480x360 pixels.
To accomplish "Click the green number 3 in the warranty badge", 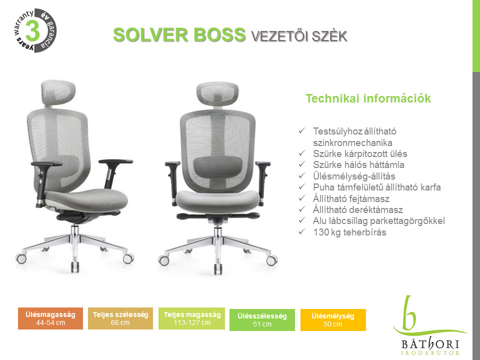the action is click(x=33, y=30).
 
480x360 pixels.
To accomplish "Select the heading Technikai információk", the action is click(x=368, y=98).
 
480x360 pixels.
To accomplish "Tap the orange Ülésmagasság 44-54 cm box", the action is click(x=50, y=318).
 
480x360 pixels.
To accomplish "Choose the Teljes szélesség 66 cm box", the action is click(x=120, y=318).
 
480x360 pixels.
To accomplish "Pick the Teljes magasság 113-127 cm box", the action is click(x=191, y=318).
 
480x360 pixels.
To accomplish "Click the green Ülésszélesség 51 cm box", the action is click(x=262, y=320).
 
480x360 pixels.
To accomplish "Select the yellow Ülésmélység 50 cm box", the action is click(x=333, y=320).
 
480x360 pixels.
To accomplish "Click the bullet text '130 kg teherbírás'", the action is click(x=349, y=232).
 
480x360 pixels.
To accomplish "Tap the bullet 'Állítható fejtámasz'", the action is click(x=351, y=198).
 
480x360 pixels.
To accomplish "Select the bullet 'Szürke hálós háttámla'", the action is click(x=358, y=164).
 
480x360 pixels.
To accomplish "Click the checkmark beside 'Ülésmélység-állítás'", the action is click(x=302, y=175).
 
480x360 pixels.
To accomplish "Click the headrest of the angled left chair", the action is click(x=58, y=91).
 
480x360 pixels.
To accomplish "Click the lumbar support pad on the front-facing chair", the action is click(x=218, y=166).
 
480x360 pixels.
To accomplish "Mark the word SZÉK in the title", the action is click(x=329, y=36).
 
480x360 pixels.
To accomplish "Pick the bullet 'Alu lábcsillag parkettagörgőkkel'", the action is click(x=378, y=220).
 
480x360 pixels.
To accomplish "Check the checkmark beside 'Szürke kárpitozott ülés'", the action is click(x=302, y=153).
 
